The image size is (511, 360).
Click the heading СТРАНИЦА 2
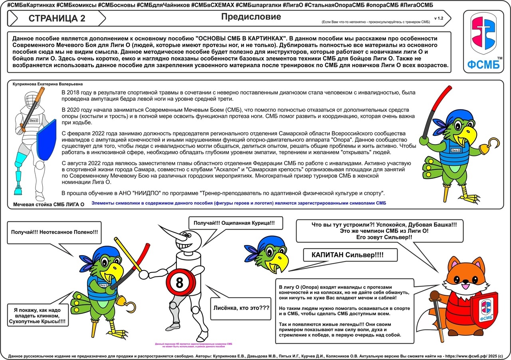(57, 18)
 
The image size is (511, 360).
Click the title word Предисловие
(251, 17)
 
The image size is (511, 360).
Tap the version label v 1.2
(439, 18)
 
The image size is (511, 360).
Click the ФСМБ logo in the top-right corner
(483, 41)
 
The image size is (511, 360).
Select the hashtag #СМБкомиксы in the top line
(76, 5)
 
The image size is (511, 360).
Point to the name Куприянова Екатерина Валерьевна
(48, 84)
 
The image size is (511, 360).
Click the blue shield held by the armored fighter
(47, 140)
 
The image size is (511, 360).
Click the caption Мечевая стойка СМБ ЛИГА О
(49, 205)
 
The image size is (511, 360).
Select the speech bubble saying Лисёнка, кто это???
(241, 308)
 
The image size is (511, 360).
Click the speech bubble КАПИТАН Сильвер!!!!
(350, 255)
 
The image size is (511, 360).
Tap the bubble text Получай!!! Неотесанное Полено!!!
(54, 232)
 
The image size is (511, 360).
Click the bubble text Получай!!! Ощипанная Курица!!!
(234, 223)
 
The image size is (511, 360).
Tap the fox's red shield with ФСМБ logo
(485, 311)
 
